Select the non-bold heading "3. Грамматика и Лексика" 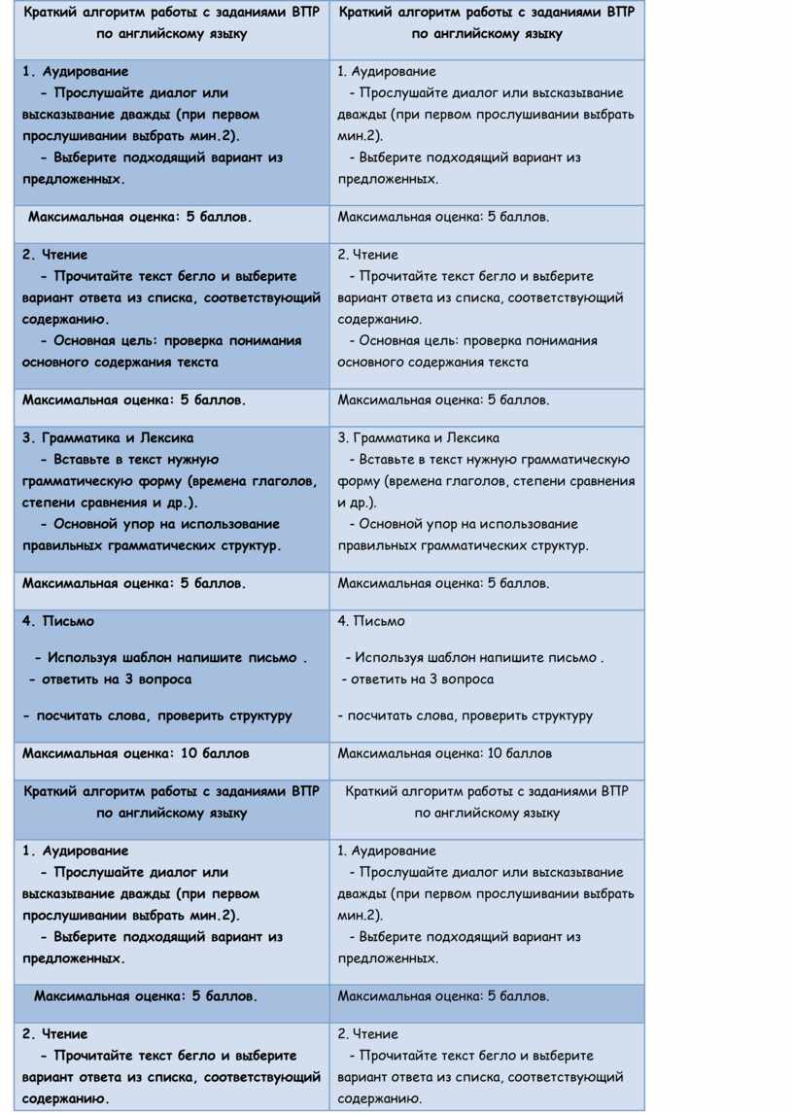[419, 438]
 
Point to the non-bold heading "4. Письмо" [371, 621]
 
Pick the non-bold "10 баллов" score [519, 753]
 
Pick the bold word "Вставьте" [83, 460]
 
